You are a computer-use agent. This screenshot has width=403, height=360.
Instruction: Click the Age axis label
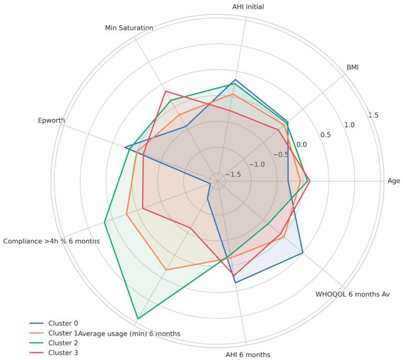pos(394,181)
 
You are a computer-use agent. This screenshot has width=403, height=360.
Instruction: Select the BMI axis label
pos(352,67)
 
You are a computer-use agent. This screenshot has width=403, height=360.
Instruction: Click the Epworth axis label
pos(51,121)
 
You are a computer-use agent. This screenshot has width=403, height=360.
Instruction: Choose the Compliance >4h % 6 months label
pos(51,241)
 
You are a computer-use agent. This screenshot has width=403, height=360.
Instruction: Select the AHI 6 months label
pos(249,354)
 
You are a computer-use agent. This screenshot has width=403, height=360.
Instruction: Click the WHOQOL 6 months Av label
pos(352,294)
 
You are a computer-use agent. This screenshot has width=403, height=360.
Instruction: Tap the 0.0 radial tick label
pos(302,144)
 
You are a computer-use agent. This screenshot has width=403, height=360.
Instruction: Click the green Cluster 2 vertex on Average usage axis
pos(137,319)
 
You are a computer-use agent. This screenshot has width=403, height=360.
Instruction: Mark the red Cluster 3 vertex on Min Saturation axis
pos(165,92)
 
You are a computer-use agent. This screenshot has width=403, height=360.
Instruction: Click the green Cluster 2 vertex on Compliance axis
pos(105,222)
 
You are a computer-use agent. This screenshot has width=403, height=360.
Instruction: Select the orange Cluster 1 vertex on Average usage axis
pos(166,270)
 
